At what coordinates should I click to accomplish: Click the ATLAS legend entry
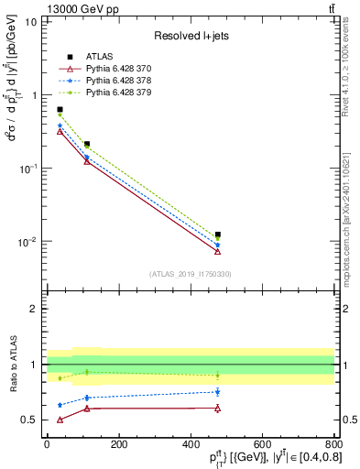[99, 57]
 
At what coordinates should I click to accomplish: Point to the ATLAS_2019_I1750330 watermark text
[190, 274]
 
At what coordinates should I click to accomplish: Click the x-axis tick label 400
[190, 444]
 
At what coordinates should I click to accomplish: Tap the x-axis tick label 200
[118, 444]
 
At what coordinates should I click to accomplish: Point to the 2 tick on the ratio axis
[37, 309]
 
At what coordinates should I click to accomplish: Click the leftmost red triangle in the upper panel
[60, 131]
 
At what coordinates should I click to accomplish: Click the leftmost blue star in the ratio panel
[60, 405]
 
